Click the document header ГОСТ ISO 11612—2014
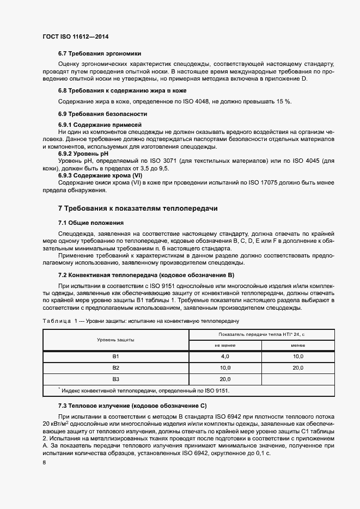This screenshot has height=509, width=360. click(78, 36)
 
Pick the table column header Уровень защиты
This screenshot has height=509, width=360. click(115, 339)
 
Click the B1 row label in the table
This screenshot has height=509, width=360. click(115, 356)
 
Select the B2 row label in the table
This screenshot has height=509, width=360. click(115, 367)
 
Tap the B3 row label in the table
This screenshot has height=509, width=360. click(115, 379)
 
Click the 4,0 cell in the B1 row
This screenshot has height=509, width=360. click(225, 356)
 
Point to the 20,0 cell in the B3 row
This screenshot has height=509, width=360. click(225, 379)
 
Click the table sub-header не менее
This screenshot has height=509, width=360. click(225, 345)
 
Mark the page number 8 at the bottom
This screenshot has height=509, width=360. click(44, 462)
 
